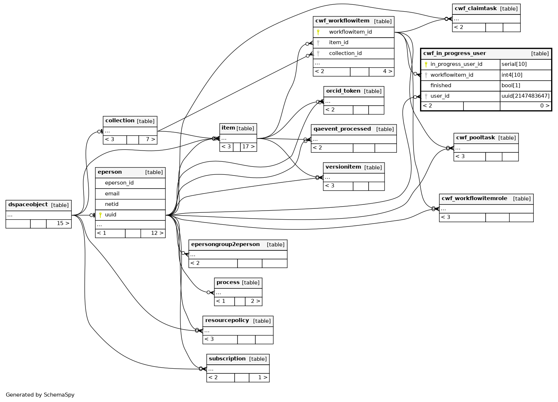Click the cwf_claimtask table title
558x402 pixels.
tap(475, 9)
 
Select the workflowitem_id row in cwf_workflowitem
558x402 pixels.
tap(350, 32)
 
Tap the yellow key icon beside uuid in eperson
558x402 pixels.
tap(100, 215)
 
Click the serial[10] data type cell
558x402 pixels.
tap(514, 64)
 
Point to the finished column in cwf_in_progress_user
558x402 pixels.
tap(441, 86)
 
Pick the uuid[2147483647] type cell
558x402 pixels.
tap(525, 96)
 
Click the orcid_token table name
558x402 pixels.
tap(343, 91)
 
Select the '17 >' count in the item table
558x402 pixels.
tap(248, 147)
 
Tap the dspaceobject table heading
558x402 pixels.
tap(28, 205)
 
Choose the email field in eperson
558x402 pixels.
tap(112, 194)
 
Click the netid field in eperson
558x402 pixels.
tap(112, 204)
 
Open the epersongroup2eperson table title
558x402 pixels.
tap(225, 245)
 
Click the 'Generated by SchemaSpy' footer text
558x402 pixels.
tap(40, 395)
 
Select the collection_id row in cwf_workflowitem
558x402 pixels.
tap(345, 54)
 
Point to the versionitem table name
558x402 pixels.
tap(343, 167)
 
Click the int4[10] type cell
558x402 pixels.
tap(512, 75)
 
